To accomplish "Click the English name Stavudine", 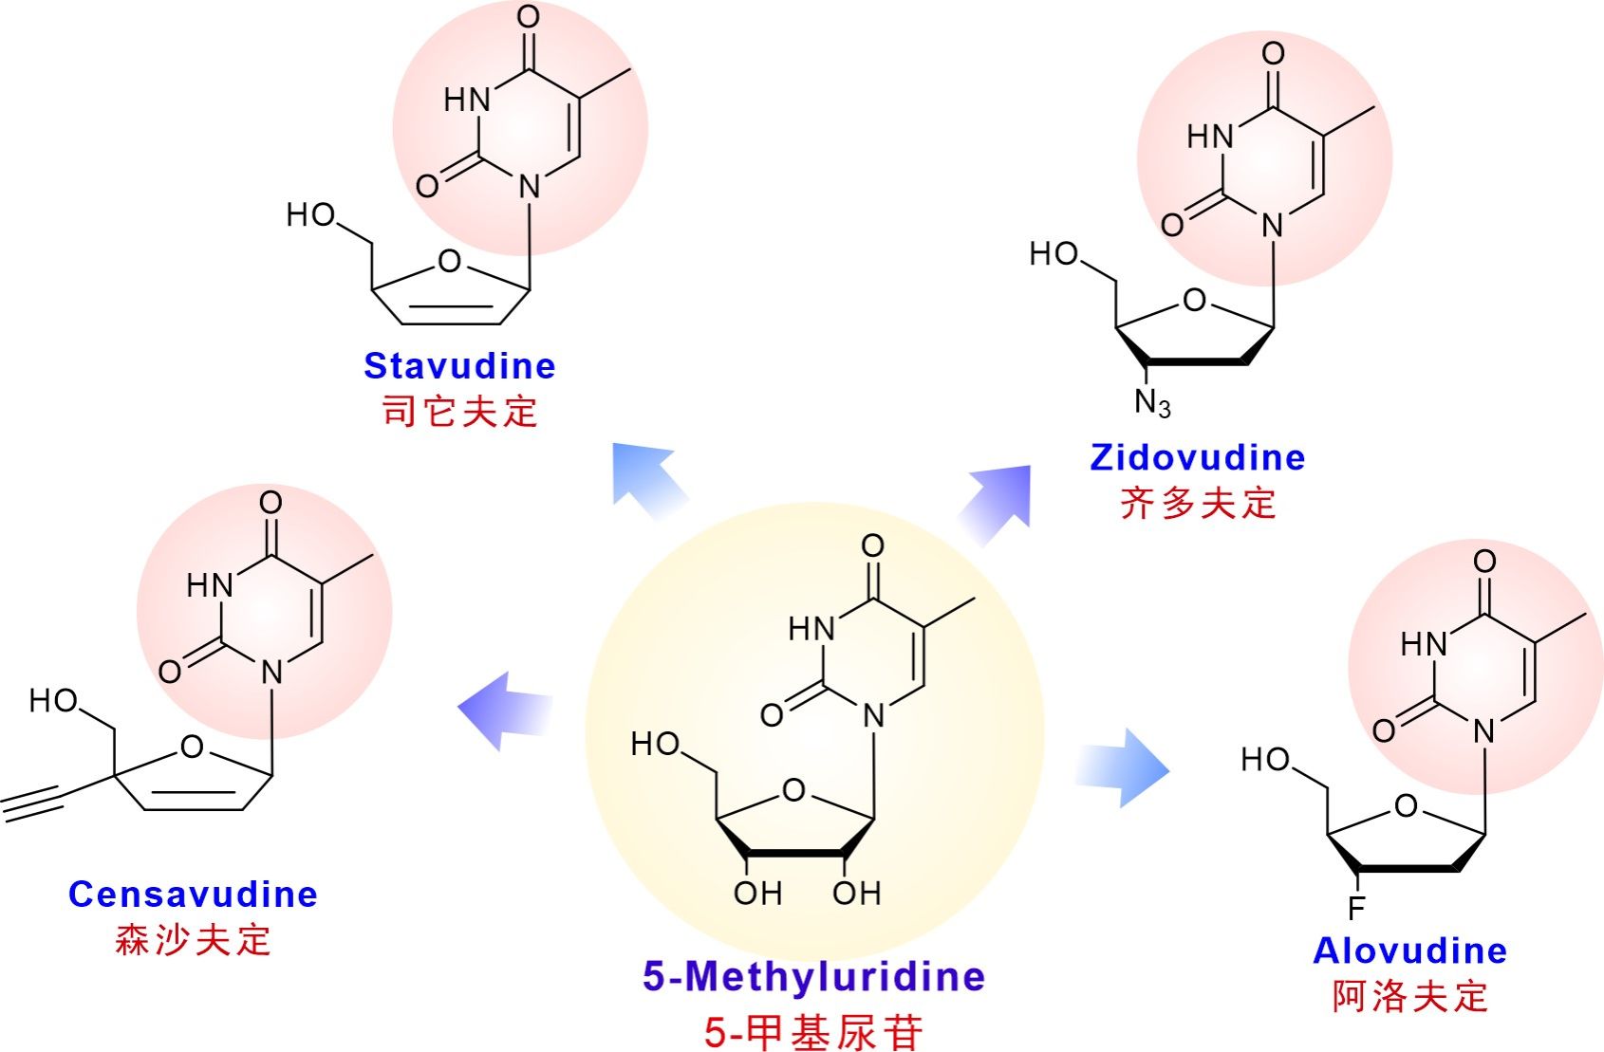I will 459,366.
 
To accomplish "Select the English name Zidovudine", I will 1197,457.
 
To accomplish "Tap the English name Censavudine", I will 193,895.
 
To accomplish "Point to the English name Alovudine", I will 1409,950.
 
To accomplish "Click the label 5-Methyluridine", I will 813,976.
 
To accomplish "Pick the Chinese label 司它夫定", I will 459,412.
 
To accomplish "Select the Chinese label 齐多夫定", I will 1197,503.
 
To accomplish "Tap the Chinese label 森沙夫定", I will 193,940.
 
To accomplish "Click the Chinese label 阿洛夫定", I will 1409,996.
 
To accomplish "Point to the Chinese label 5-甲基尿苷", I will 813,1031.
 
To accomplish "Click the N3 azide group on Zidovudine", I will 1152,403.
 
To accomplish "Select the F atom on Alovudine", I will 1356,909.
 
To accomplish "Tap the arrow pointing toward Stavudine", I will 649,480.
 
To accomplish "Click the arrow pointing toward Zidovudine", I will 997,503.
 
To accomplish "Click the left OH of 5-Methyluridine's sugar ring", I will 757,893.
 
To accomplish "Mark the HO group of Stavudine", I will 311,215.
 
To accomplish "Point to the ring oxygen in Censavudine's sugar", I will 193,747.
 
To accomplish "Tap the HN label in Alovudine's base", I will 1424,645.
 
